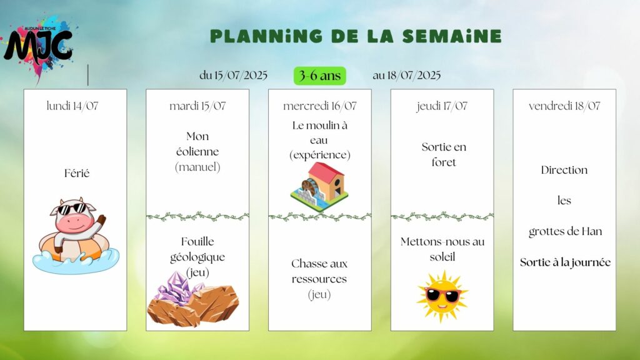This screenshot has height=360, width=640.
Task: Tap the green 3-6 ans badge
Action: coord(319,76)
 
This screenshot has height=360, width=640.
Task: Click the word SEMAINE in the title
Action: coord(452,36)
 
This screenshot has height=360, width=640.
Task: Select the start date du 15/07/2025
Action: coord(234,76)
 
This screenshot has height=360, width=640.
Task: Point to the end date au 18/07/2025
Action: coord(406,76)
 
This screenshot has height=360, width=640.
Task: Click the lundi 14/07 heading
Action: coord(72,106)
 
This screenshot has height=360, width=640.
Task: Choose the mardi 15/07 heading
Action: coord(197,106)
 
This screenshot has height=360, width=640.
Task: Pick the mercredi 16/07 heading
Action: coord(319,106)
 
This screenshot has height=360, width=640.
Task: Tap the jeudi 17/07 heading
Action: coord(442,106)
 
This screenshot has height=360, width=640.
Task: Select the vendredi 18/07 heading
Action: coord(564,106)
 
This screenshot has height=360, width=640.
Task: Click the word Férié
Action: coord(77,173)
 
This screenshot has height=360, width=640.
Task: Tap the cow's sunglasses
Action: coord(72,209)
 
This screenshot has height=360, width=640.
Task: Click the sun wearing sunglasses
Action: coord(442,296)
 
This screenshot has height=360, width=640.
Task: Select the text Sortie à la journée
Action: coord(565,262)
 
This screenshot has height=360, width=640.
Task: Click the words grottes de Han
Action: coord(565,232)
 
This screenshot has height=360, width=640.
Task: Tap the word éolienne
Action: coord(197,151)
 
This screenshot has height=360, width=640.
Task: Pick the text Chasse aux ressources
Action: coord(319,271)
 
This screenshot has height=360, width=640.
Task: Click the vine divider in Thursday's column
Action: coord(442,216)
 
